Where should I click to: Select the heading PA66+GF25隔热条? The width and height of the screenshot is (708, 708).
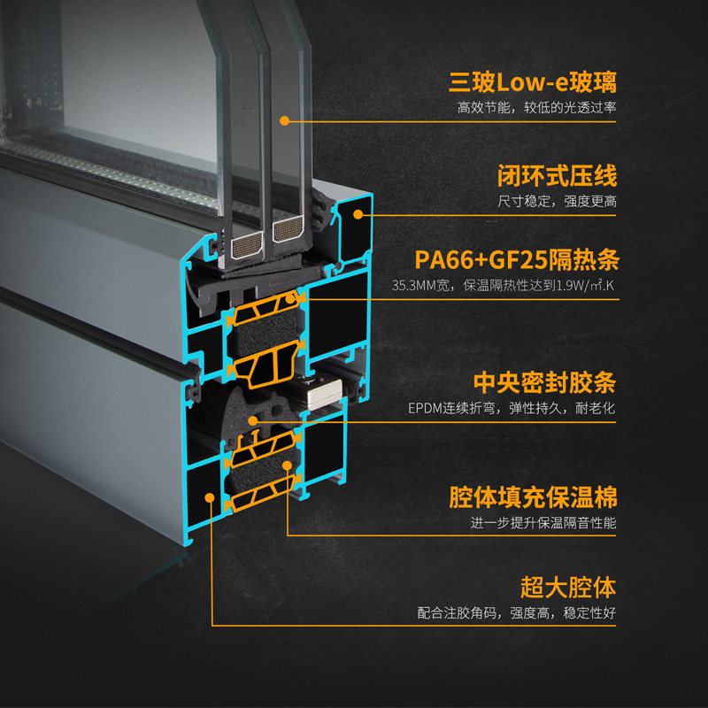pos(516,261)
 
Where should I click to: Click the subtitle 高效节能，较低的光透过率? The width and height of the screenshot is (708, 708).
pos(536,108)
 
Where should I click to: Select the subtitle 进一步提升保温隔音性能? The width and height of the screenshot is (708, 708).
pos(543,523)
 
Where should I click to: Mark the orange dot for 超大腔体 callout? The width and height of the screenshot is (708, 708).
pos(212,496)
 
